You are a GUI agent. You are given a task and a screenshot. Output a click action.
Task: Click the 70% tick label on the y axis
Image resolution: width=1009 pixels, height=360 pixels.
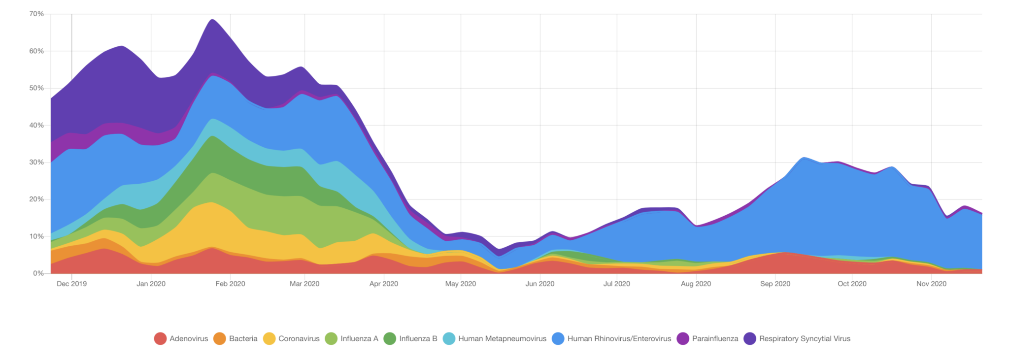pyautogui.click(x=36, y=14)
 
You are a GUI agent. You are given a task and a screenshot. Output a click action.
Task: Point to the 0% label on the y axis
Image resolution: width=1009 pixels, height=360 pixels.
pyautogui.click(x=38, y=273)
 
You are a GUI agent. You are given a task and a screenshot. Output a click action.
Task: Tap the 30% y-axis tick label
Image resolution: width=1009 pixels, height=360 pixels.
pyautogui.click(x=36, y=162)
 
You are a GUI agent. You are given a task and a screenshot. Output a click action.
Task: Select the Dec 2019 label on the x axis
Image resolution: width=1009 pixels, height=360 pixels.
pyautogui.click(x=71, y=284)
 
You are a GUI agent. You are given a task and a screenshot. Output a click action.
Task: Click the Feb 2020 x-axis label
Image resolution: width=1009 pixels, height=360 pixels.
pyautogui.click(x=230, y=284)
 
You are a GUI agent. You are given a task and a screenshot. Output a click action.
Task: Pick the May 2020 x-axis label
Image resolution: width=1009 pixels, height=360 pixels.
pyautogui.click(x=461, y=284)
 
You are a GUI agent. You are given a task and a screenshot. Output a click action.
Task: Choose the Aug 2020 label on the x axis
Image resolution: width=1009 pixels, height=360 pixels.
pyautogui.click(x=696, y=284)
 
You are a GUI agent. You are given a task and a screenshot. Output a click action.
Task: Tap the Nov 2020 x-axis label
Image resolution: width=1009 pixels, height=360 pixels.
pyautogui.click(x=931, y=284)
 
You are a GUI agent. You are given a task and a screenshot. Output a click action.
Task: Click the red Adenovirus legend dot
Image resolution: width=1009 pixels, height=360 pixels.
pyautogui.click(x=160, y=339)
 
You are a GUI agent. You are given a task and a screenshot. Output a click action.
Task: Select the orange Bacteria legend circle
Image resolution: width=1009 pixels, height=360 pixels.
pyautogui.click(x=220, y=339)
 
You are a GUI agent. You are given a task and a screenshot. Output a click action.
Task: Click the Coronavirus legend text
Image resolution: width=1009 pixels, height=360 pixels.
pyautogui.click(x=299, y=339)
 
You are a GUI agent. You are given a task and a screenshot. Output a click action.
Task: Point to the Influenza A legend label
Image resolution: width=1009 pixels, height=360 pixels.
pyautogui.click(x=359, y=339)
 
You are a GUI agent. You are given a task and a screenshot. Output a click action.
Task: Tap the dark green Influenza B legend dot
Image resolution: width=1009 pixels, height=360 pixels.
pyautogui.click(x=390, y=339)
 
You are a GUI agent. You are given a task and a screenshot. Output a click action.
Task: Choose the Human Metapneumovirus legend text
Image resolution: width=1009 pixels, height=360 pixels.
pyautogui.click(x=502, y=339)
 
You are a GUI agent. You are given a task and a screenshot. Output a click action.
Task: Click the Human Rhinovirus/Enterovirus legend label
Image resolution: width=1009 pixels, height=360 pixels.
pyautogui.click(x=619, y=339)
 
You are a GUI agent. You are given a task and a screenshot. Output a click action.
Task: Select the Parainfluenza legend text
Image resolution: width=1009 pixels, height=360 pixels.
pyautogui.click(x=715, y=339)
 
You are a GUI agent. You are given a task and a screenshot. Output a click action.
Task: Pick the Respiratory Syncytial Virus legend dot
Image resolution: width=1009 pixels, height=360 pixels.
pyautogui.click(x=750, y=339)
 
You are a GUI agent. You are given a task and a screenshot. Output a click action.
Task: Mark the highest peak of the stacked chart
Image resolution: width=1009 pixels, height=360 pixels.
pyautogui.click(x=212, y=20)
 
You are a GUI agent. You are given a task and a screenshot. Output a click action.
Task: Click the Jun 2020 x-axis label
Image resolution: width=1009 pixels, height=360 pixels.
pyautogui.click(x=540, y=284)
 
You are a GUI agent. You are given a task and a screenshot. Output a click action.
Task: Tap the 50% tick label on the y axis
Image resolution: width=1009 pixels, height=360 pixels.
pyautogui.click(x=36, y=88)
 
